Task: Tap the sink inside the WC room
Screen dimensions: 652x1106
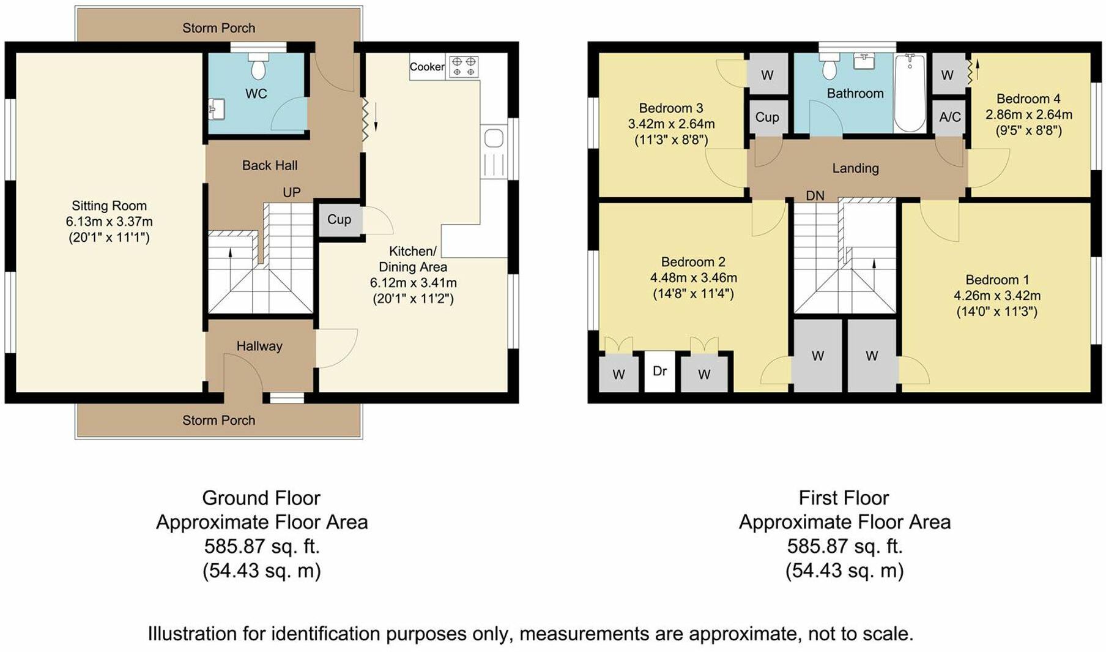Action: coord(217,109)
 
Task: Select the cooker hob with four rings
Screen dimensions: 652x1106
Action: coord(463,66)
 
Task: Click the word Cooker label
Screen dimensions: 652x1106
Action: coord(427,67)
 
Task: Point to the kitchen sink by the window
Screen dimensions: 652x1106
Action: coord(493,139)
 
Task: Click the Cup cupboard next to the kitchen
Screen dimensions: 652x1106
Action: coord(339,219)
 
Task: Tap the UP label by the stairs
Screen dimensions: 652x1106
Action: coord(292,192)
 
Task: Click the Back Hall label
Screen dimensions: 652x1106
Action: coord(270,165)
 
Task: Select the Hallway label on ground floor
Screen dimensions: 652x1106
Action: coord(259,346)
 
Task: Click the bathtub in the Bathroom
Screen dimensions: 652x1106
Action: coord(910,93)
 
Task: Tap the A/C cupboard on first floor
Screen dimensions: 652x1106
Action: coord(949,117)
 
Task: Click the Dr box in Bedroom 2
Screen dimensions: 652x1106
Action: coord(659,371)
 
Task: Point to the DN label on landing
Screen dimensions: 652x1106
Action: coord(815,196)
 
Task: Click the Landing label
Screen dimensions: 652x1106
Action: coord(855,168)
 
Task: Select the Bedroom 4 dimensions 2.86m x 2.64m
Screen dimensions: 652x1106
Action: coord(1028,114)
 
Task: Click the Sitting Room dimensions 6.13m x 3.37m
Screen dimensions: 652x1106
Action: coord(109,222)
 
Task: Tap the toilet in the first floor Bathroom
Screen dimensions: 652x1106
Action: coord(830,67)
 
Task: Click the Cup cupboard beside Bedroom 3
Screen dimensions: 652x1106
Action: coord(766,117)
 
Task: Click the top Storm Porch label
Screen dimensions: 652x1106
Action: coord(218,28)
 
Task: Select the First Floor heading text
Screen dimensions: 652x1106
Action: coord(844,498)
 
